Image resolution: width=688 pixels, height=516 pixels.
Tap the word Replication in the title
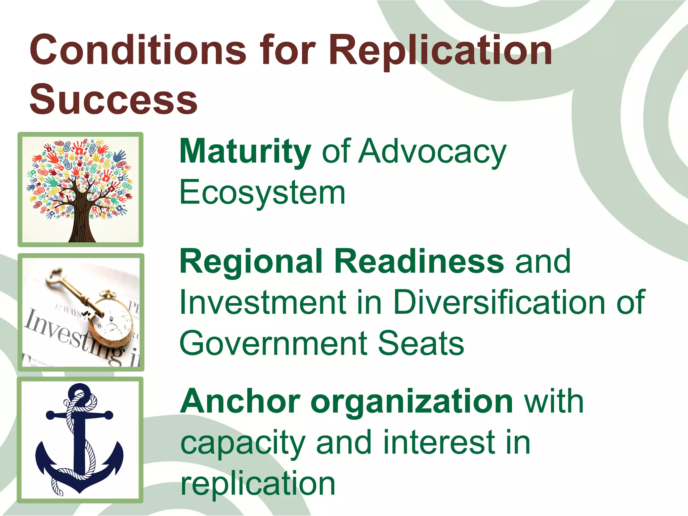tap(440, 50)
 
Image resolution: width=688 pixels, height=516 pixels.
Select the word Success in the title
tap(114, 99)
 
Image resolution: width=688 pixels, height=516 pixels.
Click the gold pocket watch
tap(111, 328)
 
